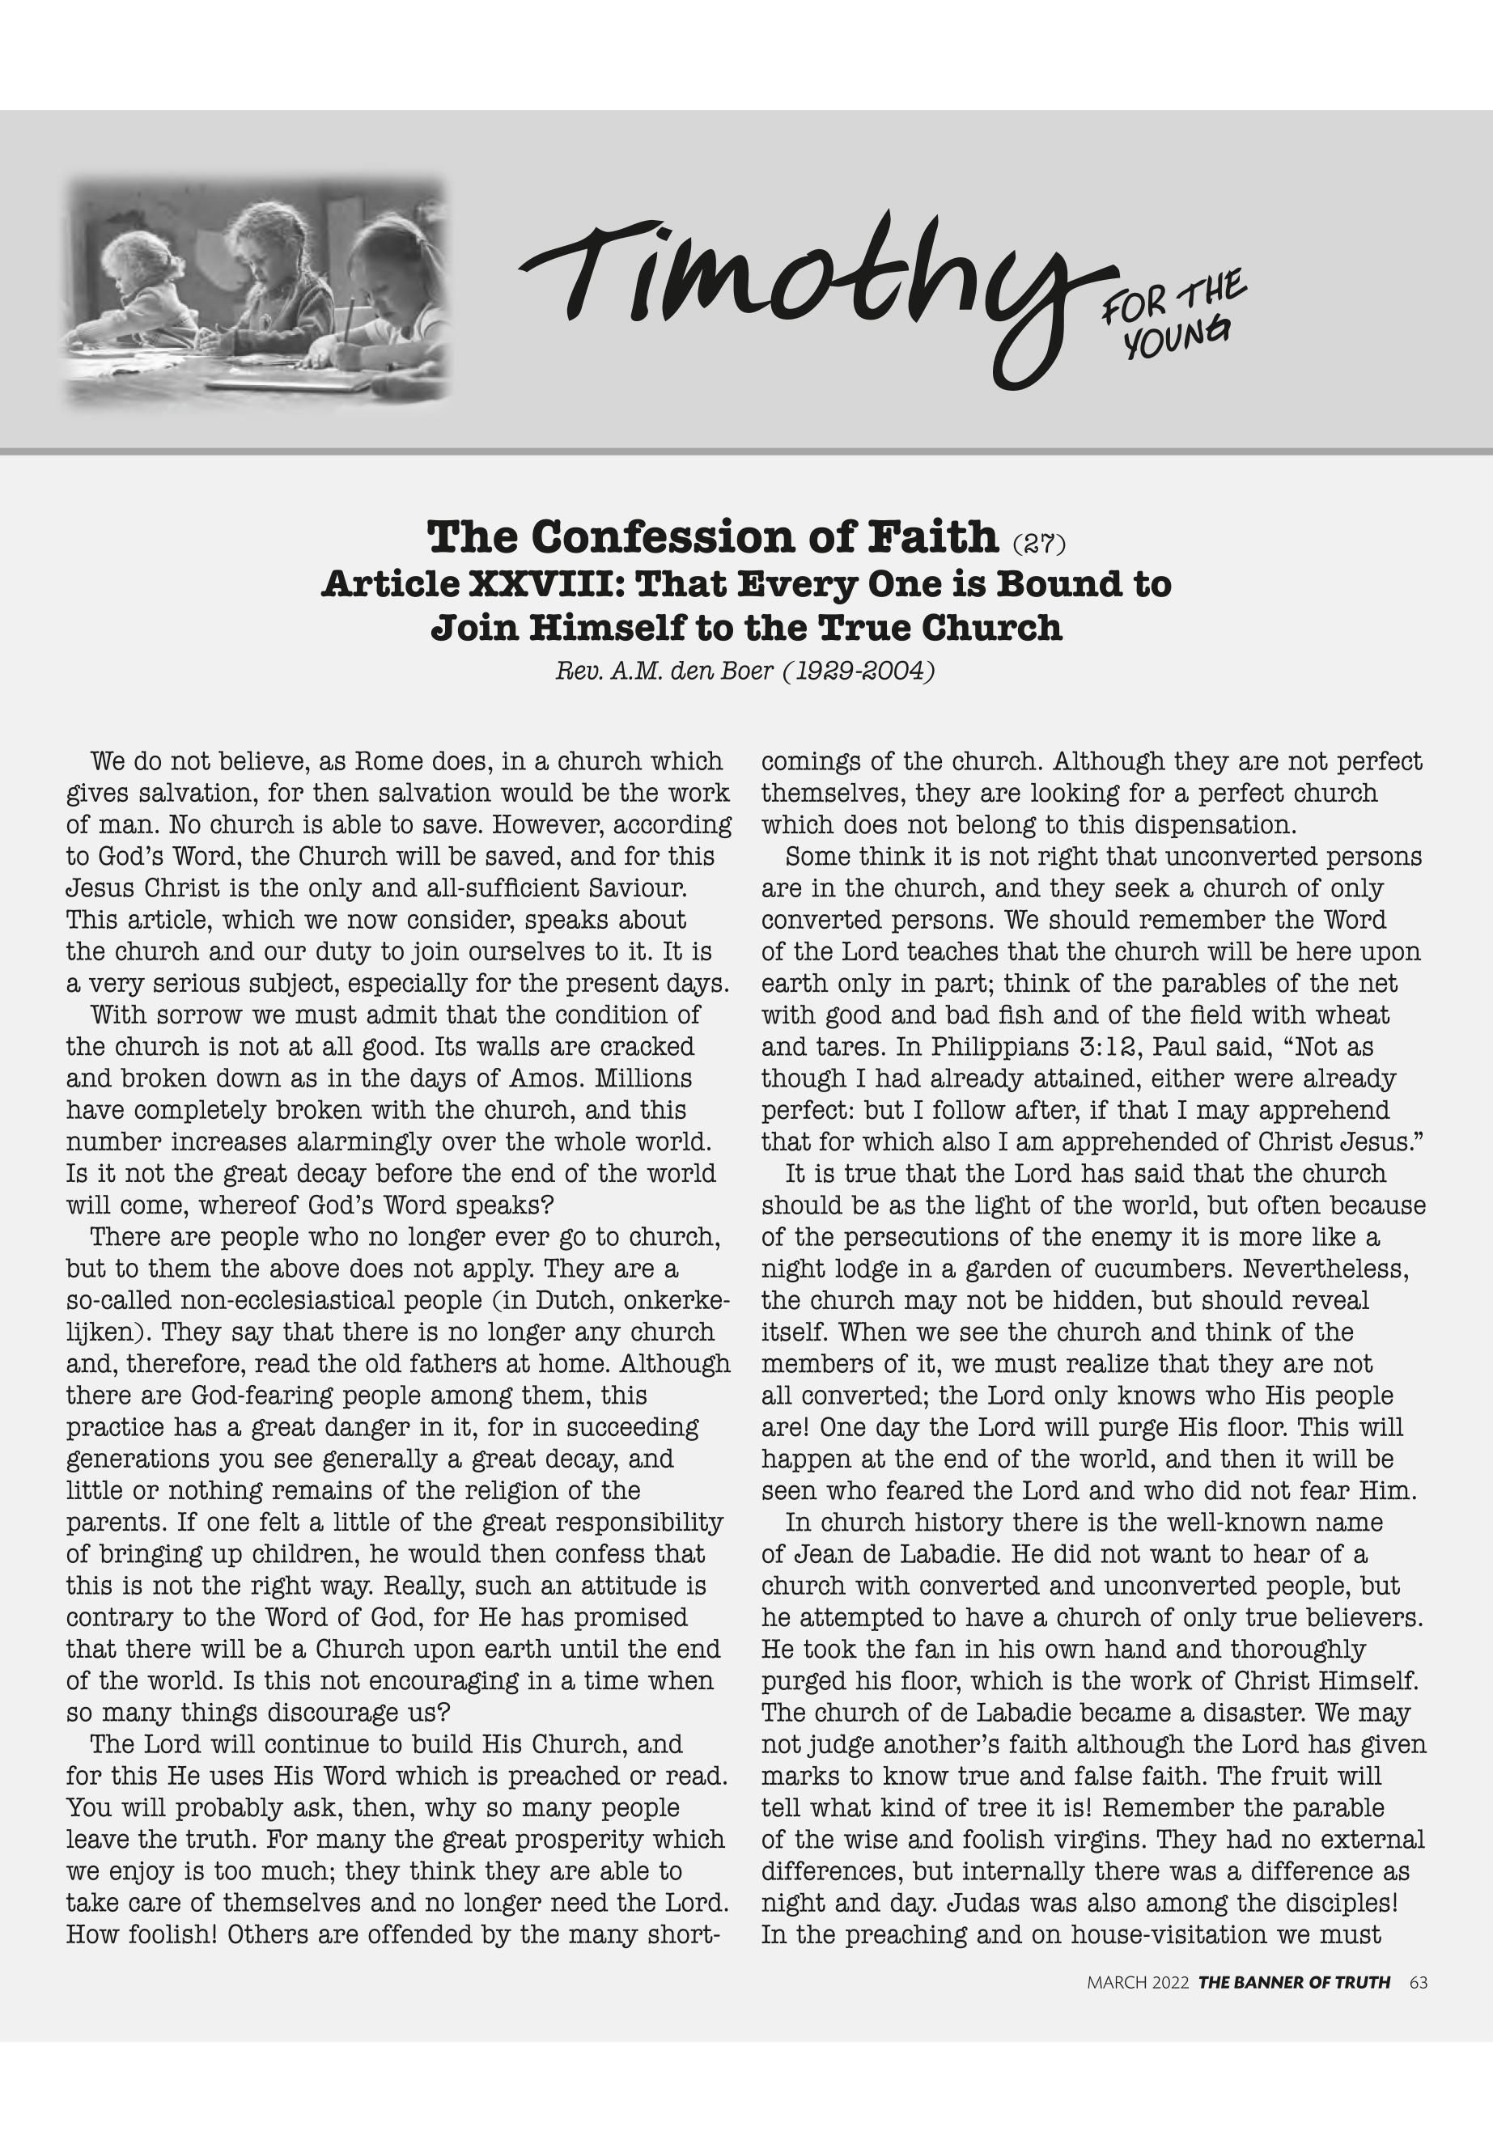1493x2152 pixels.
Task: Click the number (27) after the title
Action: click(x=1039, y=544)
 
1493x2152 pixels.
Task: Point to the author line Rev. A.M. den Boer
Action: click(x=744, y=671)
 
